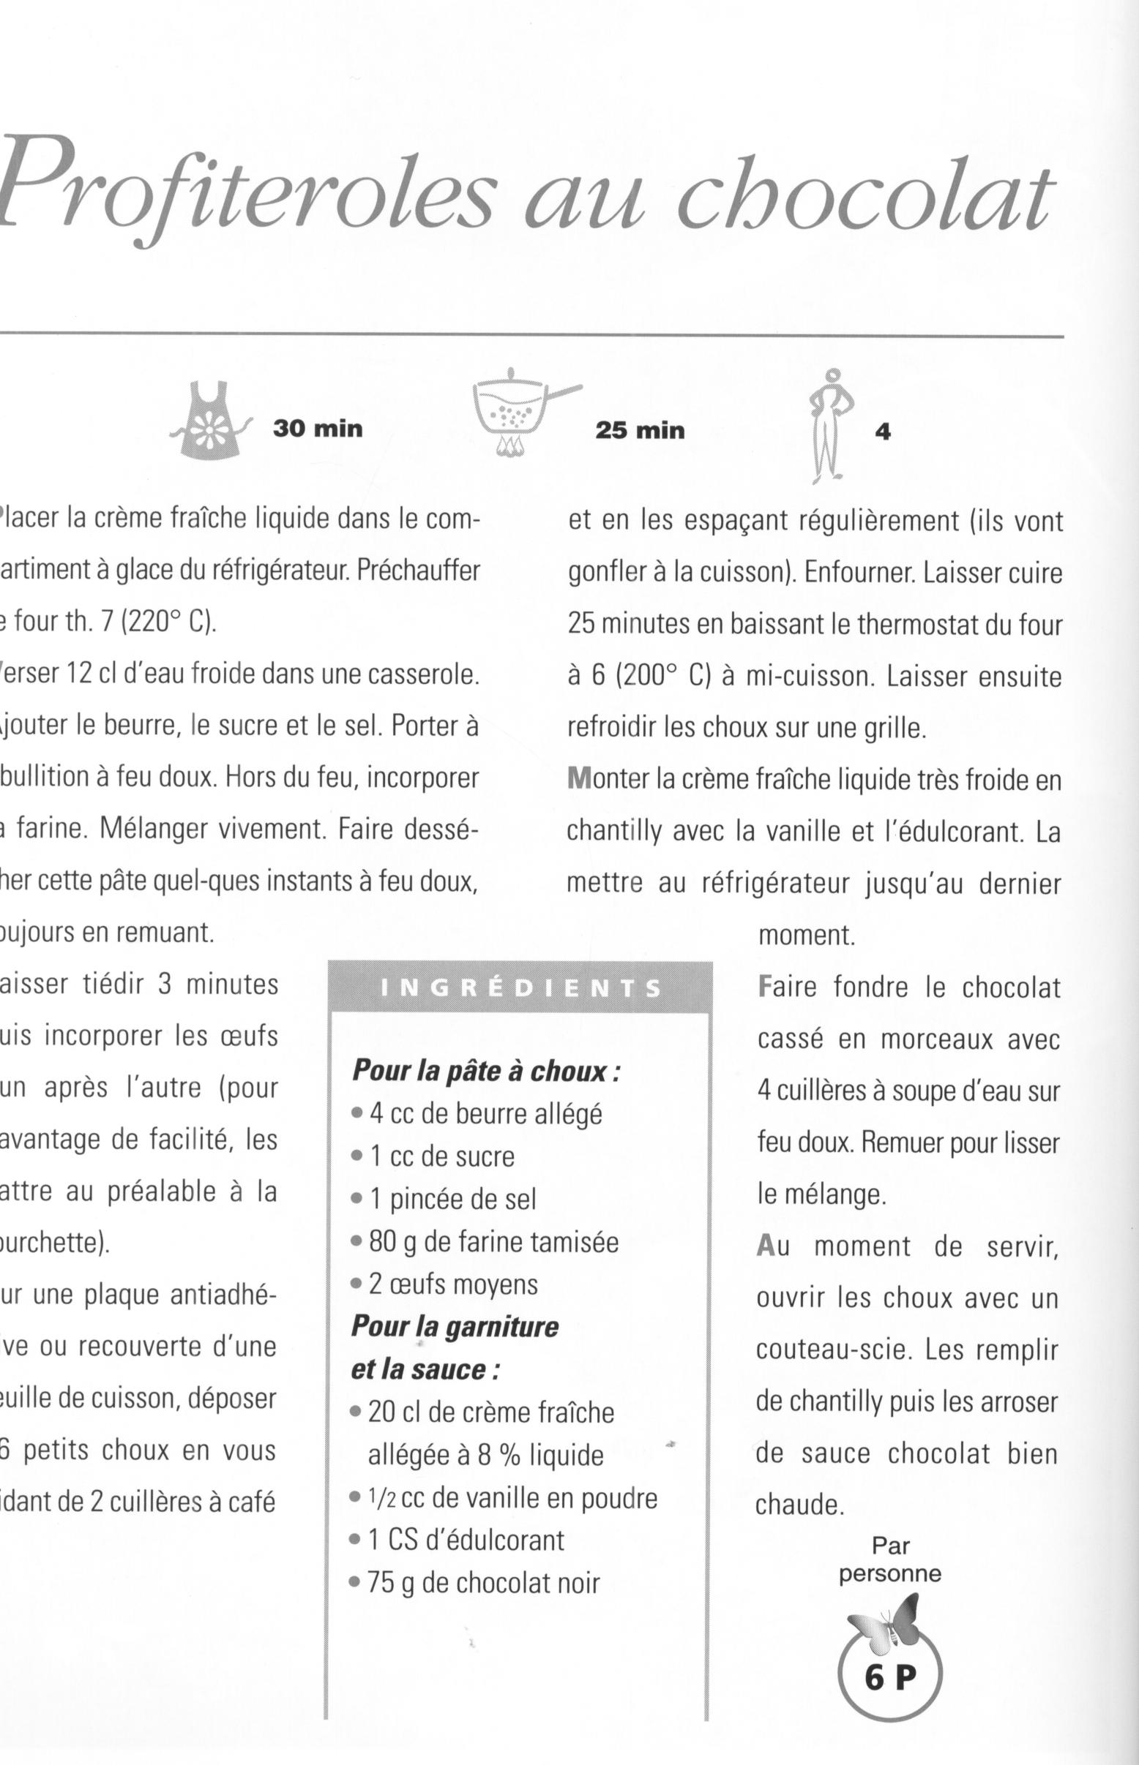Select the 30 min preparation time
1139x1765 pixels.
tap(318, 429)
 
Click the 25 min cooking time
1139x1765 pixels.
tap(640, 430)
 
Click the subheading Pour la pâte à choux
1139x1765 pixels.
tap(485, 1071)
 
